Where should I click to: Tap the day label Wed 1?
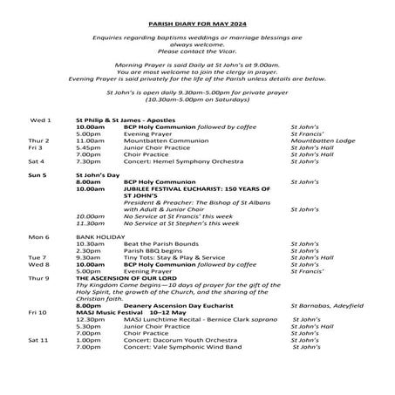pyautogui.click(x=41, y=119)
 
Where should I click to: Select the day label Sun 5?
pyautogui.click(x=38, y=175)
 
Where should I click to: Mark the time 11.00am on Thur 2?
pyautogui.click(x=90, y=140)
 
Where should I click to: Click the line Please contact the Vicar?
pyautogui.click(x=197, y=52)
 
